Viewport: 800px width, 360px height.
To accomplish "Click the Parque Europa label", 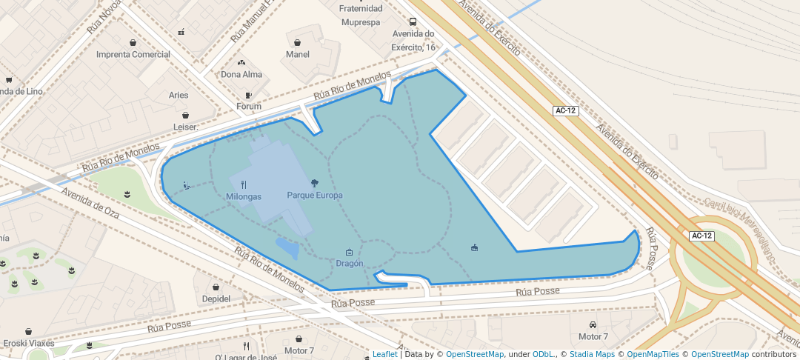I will point(315,196).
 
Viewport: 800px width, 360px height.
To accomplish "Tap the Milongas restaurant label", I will point(244,196).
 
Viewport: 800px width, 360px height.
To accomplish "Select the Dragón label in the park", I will point(350,263).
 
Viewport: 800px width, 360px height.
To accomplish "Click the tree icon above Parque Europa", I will point(315,183).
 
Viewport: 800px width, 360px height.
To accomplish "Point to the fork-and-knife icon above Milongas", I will point(244,184).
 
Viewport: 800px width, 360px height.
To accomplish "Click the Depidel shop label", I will point(216,299).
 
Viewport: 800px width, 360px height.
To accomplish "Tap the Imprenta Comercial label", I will point(133,54).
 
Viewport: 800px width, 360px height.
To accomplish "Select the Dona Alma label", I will point(241,74).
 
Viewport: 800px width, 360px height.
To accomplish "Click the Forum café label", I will point(249,107).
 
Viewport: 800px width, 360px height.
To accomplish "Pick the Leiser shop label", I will point(185,127).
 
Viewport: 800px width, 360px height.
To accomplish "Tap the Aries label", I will point(179,95).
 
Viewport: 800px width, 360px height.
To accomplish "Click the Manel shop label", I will point(297,54).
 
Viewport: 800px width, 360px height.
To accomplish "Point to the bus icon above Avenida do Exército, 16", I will point(413,21).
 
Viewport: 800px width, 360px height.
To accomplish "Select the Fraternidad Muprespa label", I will point(361,15).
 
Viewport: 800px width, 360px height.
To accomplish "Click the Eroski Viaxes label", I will point(28,343).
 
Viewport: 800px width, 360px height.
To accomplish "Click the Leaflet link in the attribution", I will point(384,354).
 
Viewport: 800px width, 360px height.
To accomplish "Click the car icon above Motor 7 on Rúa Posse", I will point(593,324).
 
